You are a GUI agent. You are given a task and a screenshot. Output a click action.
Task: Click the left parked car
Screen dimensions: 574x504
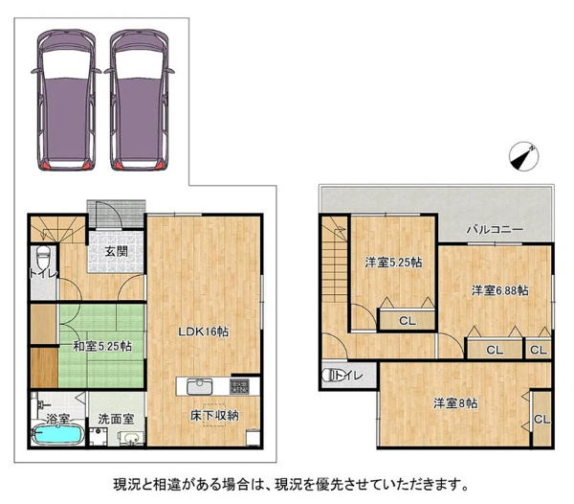click(66, 100)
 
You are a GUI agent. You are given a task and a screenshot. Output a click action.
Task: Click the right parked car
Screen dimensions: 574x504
click(139, 100)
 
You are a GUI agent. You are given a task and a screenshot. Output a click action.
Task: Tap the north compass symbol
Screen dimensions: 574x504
click(524, 156)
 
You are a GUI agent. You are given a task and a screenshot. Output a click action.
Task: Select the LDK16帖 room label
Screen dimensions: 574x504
click(203, 332)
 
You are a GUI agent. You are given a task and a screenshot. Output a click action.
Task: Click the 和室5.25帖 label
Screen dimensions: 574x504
click(102, 346)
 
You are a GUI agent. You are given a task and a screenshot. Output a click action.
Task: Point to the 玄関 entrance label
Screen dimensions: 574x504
click(117, 251)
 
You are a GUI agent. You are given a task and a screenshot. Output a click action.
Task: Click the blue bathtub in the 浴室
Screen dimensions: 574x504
click(57, 435)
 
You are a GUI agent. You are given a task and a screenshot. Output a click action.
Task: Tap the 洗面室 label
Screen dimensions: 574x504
click(116, 419)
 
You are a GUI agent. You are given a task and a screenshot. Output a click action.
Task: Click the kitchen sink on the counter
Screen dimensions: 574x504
click(200, 387)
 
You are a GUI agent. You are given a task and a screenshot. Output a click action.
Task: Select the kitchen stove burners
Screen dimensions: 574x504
click(240, 387)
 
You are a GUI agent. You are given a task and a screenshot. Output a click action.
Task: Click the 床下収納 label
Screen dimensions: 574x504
click(214, 415)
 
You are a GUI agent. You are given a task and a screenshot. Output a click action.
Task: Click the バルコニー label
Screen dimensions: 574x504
click(495, 230)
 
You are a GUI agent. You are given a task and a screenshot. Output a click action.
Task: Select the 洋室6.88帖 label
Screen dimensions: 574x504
click(499, 290)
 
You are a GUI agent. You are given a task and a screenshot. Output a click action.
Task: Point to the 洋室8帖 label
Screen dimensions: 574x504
click(455, 403)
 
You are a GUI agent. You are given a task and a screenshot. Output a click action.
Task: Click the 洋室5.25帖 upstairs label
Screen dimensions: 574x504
click(393, 263)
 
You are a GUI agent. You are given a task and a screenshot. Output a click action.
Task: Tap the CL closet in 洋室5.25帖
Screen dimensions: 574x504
click(408, 321)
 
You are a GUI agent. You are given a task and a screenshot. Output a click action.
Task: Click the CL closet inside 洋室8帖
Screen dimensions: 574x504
click(541, 420)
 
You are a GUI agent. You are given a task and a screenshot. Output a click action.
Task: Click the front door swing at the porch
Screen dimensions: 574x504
click(109, 216)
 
